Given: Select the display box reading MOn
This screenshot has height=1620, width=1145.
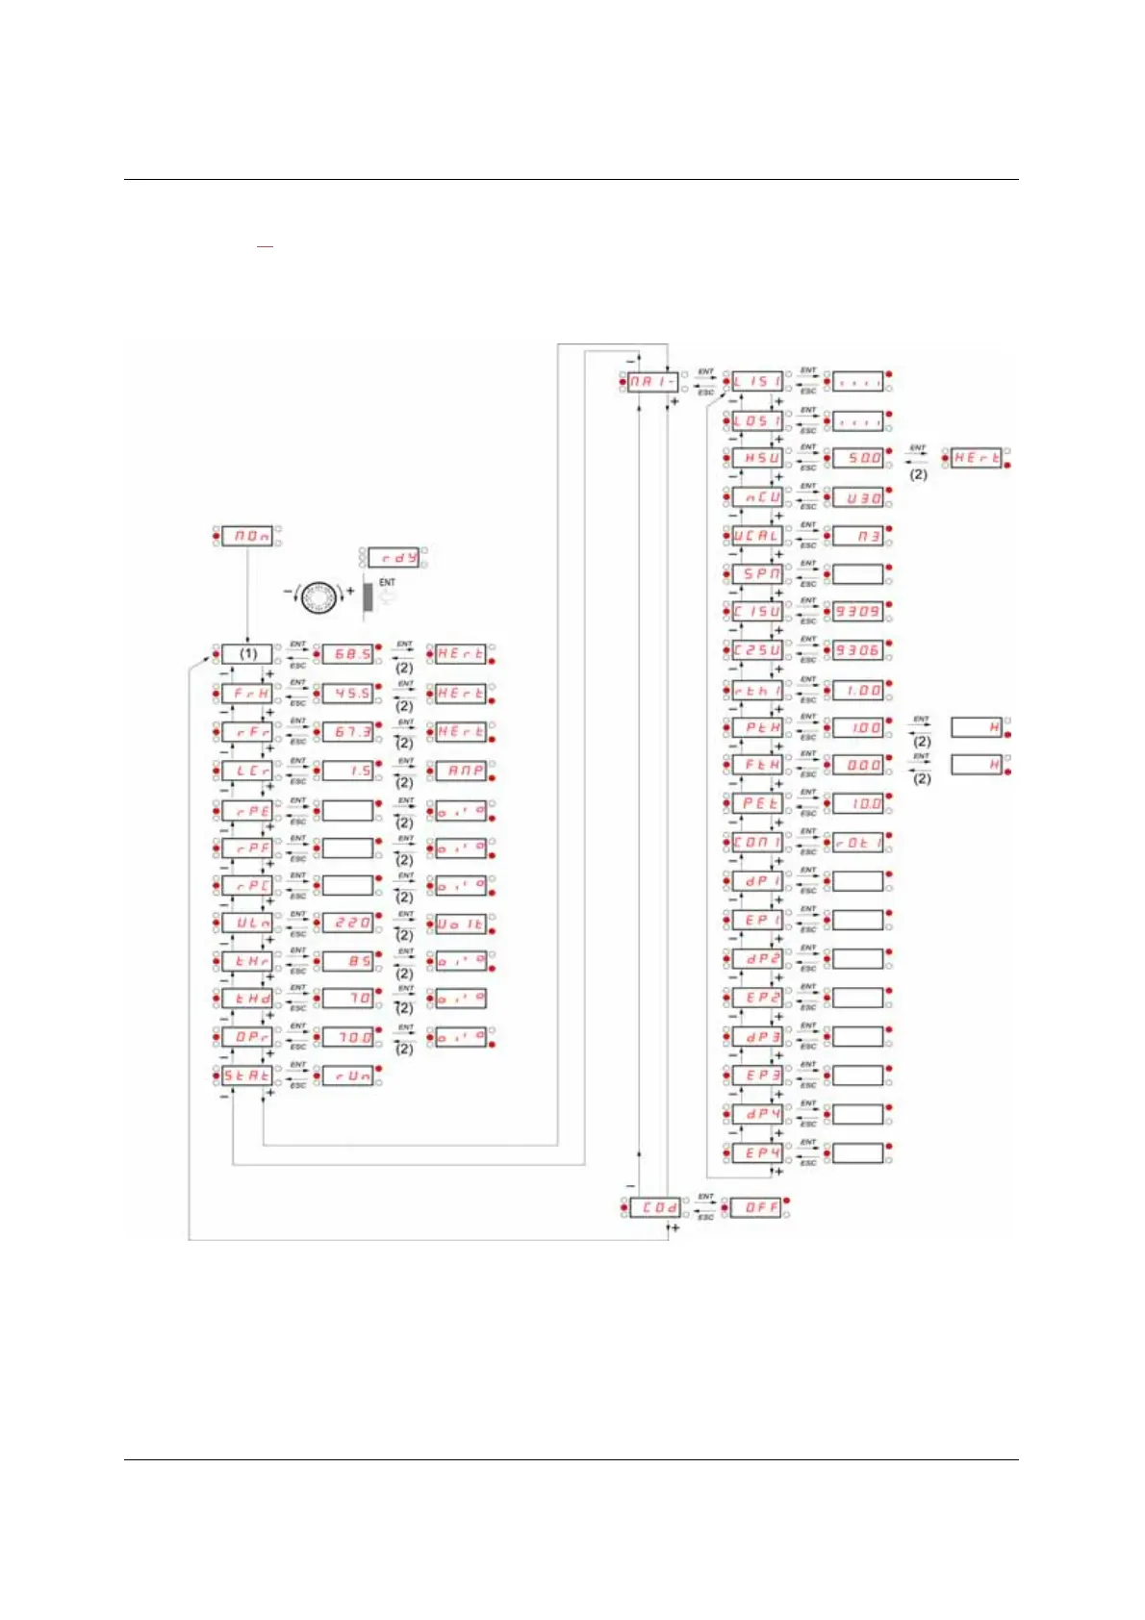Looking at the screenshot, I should pos(247,536).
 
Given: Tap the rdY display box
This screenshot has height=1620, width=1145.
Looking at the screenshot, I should pos(394,557).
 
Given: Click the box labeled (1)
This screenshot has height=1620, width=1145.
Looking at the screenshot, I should pos(247,653).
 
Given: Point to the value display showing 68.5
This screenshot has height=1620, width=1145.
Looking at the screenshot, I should pos(347,653).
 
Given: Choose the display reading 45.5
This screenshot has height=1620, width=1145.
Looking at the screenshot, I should pos(347,693).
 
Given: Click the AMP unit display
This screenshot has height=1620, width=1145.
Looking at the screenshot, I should pos(461,771).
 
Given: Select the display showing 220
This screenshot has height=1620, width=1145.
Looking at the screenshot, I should pos(347,923).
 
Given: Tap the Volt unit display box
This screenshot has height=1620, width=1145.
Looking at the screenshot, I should pos(461,924).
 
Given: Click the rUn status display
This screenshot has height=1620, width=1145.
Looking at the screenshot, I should pos(347,1076).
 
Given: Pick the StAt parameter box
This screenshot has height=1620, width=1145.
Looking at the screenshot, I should pos(247,1076).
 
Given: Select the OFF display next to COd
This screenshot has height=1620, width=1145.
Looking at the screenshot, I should pos(756,1206).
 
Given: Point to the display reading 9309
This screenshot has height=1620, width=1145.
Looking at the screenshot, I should pos(857,612).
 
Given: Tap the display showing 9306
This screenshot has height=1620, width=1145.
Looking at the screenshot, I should pos(857,650).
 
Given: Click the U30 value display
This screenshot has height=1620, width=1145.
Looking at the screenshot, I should pos(857,497).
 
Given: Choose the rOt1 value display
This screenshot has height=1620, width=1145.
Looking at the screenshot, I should pos(857,843).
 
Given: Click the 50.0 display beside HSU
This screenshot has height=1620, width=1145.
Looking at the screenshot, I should pos(857,458).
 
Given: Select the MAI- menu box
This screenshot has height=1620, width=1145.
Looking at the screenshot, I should pos(652,382).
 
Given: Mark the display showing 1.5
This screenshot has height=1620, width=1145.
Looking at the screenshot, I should pos(347,771).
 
